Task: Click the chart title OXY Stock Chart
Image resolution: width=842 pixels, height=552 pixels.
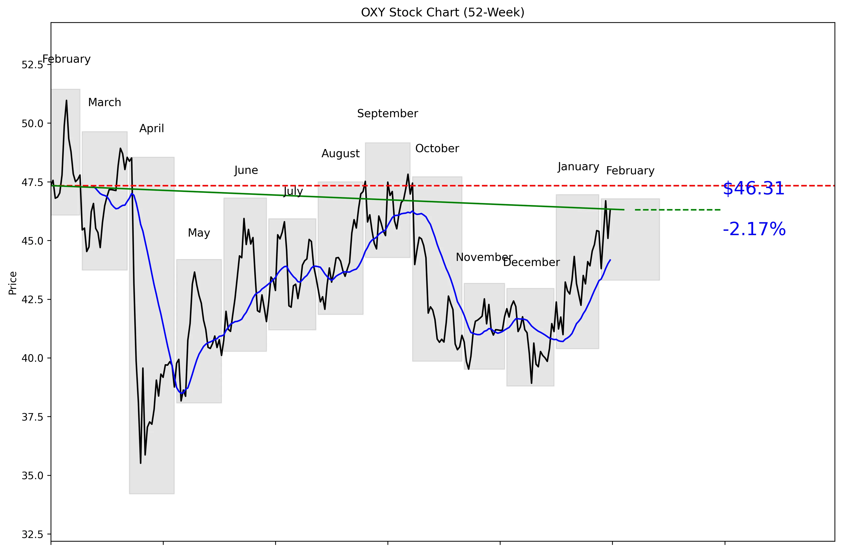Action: point(442,13)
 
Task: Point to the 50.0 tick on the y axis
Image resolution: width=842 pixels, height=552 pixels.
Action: point(32,123)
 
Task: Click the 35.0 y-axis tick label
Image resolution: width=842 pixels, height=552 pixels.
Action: point(32,476)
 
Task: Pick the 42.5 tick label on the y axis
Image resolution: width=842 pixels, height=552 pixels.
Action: point(32,300)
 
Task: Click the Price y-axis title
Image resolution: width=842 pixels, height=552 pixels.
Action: point(13,283)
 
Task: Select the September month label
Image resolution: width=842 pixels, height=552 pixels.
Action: point(388,114)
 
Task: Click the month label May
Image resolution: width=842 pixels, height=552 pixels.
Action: point(199,233)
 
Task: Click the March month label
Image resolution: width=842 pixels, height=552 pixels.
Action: point(104,102)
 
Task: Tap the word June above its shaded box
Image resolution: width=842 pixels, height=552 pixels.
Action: point(246,170)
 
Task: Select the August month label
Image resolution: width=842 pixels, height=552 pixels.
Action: point(340,154)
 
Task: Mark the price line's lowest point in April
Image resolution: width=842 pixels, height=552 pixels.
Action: point(140,463)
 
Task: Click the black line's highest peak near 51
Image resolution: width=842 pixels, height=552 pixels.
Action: point(67,101)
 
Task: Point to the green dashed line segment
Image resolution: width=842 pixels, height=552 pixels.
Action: point(677,210)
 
